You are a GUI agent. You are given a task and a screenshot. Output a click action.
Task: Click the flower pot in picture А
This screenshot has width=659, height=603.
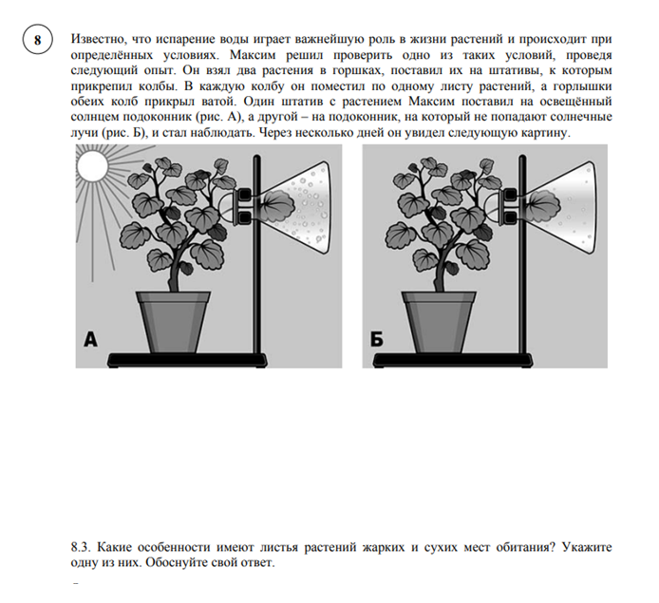(x=173, y=319)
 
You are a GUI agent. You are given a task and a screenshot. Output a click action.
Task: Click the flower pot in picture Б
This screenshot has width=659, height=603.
(x=438, y=319)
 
